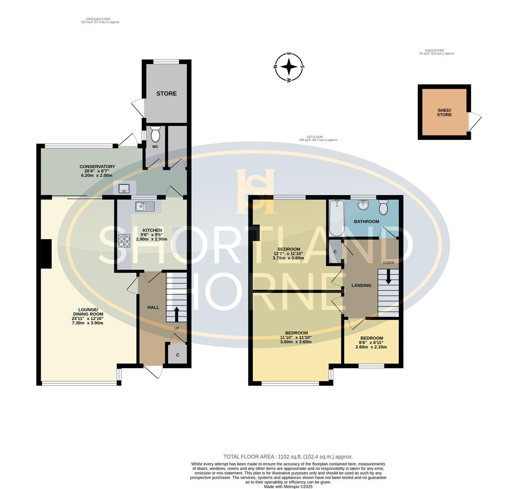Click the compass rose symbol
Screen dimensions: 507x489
coord(289,67)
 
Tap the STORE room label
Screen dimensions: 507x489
coord(166,94)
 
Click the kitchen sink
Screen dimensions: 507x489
coord(146,206)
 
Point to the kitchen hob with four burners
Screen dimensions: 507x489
coord(124,241)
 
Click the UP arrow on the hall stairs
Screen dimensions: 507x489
coord(176,314)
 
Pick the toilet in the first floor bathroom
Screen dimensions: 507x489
coord(384,207)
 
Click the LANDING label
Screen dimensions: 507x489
coord(361,285)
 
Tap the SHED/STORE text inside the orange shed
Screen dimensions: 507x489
coord(444,113)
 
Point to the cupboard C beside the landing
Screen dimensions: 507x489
coord(335,252)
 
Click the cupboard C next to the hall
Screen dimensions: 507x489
coord(177,355)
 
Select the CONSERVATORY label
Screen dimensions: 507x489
coord(97,167)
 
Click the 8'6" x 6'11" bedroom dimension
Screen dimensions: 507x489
coord(371,342)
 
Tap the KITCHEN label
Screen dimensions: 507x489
coord(152,230)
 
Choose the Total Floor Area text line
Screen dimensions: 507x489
coord(288,457)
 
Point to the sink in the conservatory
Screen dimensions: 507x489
coord(124,188)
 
